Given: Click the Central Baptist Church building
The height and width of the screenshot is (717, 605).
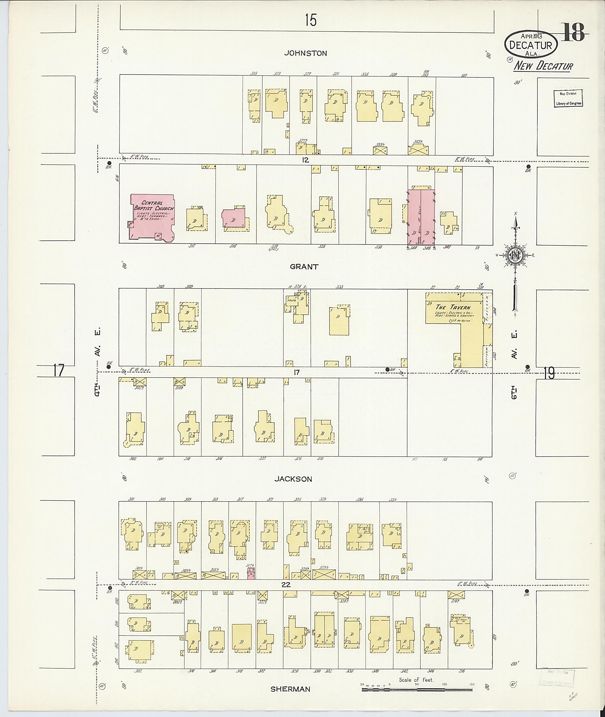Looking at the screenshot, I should click(x=153, y=218).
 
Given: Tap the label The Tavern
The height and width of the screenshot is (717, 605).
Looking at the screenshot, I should click(x=453, y=307).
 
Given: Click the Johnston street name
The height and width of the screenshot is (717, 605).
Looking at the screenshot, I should click(x=305, y=53).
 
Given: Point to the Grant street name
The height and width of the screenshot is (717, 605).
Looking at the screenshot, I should click(x=304, y=266).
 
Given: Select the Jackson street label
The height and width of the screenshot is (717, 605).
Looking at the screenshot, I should click(x=293, y=479).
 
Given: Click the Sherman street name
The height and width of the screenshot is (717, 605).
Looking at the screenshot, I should click(x=290, y=689).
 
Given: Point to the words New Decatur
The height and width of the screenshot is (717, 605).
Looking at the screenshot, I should click(x=543, y=66).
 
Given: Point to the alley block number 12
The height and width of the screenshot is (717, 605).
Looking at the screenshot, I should click(x=305, y=160).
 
